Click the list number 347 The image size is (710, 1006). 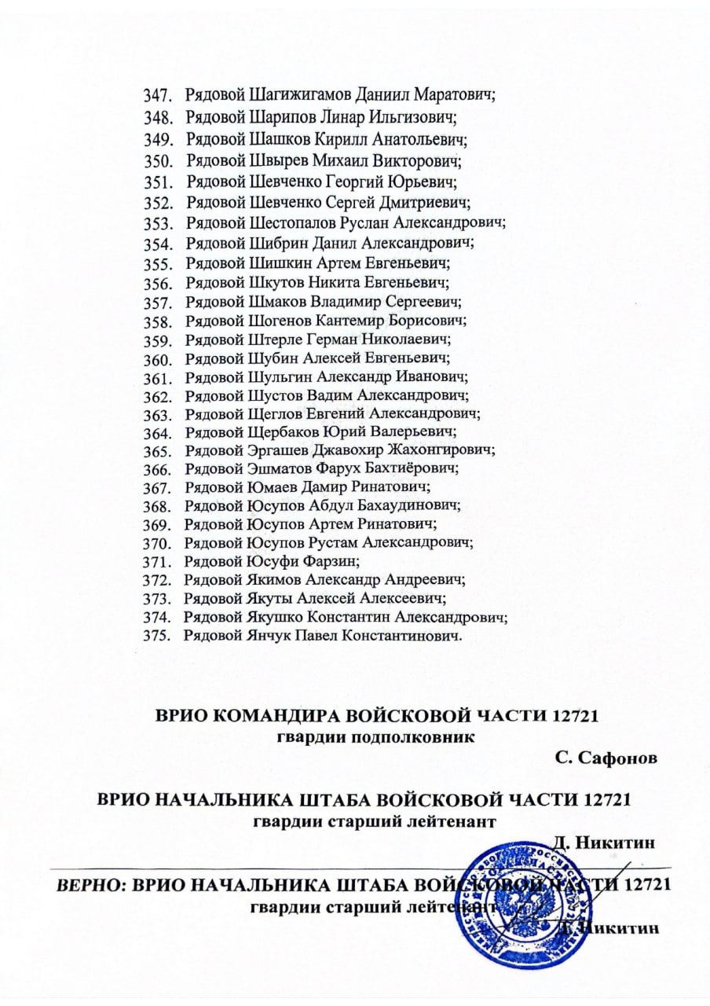(x=158, y=97)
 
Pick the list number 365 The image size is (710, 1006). (x=158, y=451)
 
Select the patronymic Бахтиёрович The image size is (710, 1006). (x=419, y=469)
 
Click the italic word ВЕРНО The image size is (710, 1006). (x=90, y=885)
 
